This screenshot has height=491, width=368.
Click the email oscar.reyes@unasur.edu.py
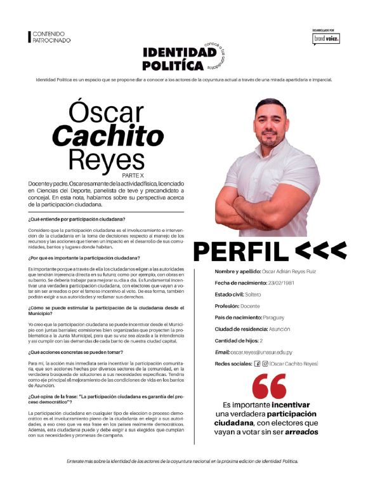point(261,351)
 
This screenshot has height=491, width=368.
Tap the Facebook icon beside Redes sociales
point(256,363)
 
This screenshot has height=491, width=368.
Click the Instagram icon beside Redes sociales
point(265,363)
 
